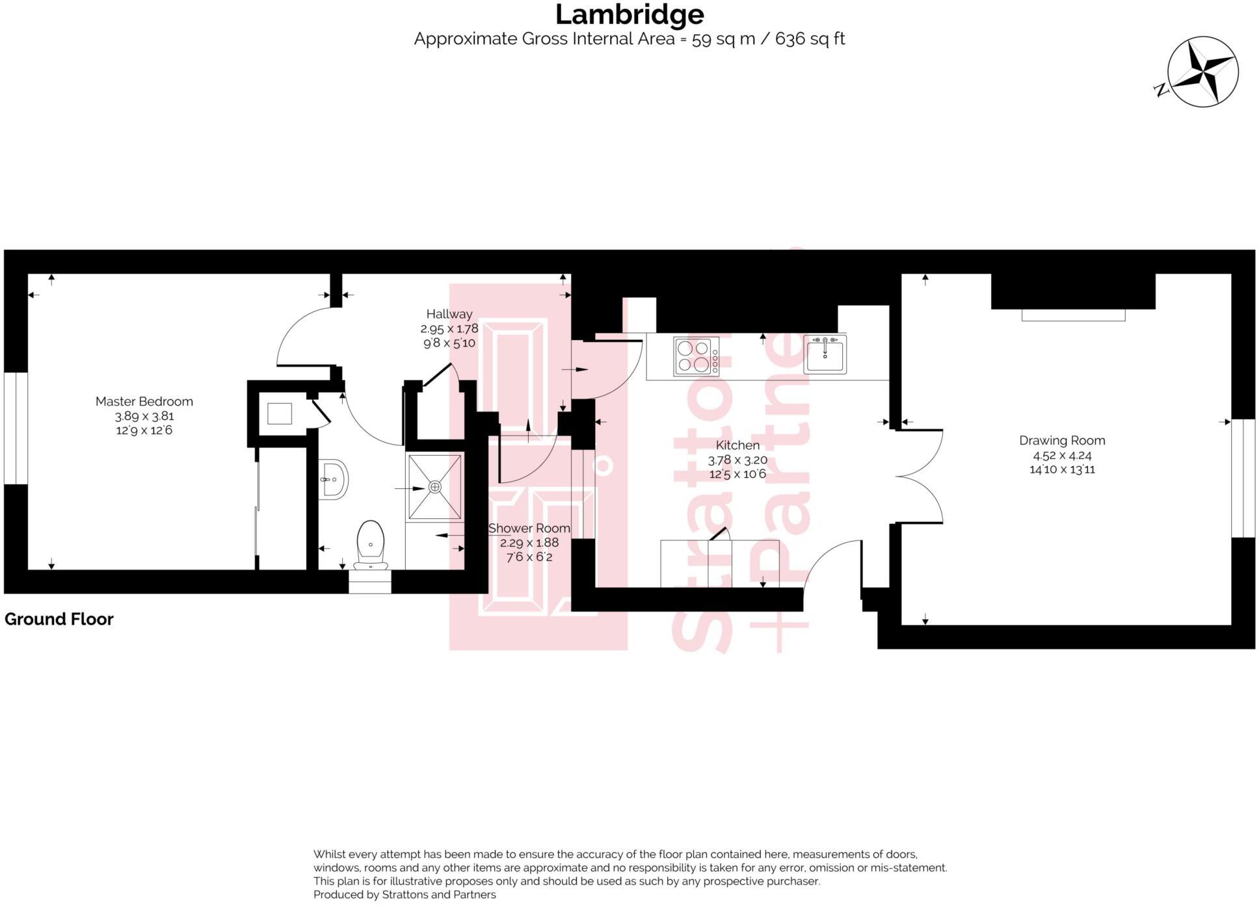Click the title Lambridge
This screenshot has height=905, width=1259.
coord(629,14)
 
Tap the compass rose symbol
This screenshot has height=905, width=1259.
coord(1202,72)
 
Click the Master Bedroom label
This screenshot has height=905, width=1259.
coord(144,402)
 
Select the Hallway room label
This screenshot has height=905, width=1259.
coord(449,314)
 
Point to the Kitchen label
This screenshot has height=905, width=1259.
coord(737,445)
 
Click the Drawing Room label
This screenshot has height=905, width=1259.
coord(1062,441)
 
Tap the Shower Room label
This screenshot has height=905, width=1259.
coord(529,529)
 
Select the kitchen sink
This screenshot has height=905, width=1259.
coord(825,354)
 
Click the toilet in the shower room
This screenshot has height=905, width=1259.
coord(371,544)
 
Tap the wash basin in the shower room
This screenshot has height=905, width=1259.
coord(334,480)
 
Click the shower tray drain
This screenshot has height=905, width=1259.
coord(434,487)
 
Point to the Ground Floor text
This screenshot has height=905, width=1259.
coord(59,619)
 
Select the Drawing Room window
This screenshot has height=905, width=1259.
coord(1243,478)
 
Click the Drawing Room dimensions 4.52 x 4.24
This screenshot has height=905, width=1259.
coord(1062,455)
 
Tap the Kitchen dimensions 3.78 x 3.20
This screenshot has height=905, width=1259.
coord(737,460)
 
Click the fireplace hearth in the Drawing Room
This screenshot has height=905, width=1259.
coord(1073,315)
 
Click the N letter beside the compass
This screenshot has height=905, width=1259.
coord(1161,90)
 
